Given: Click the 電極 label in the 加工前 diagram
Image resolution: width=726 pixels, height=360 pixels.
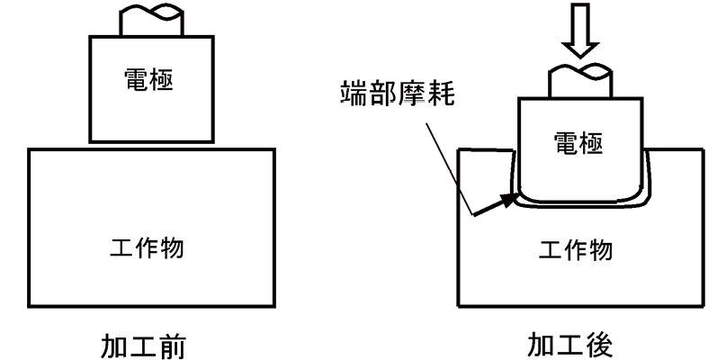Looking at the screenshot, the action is pyautogui.click(x=148, y=80).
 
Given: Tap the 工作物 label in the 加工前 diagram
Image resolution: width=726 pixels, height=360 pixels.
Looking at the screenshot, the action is pyautogui.click(x=148, y=247).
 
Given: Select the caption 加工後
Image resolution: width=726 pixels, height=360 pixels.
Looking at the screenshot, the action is pyautogui.click(x=570, y=346).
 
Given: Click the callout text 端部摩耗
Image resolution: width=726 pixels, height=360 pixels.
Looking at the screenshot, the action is pyautogui.click(x=397, y=93).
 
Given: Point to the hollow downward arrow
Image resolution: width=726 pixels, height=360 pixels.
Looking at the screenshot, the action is pyautogui.click(x=580, y=30).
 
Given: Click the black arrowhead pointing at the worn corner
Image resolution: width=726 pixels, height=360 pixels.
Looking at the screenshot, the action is pyautogui.click(x=510, y=199).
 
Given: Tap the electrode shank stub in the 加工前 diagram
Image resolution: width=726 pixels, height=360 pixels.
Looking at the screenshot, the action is pyautogui.click(x=151, y=21).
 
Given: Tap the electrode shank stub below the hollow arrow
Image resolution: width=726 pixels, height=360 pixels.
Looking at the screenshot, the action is pyautogui.click(x=580, y=82).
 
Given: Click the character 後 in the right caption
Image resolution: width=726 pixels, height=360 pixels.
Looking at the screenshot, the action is pyautogui.click(x=599, y=346).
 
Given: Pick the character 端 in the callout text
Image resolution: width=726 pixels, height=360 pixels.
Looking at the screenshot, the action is pyautogui.click(x=354, y=93).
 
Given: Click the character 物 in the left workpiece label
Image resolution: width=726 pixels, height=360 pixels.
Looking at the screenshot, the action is pyautogui.click(x=172, y=247).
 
